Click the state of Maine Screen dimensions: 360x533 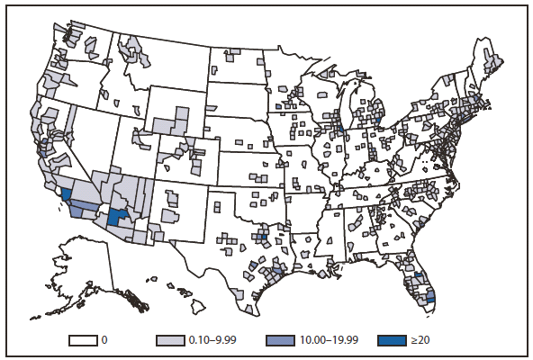coord(490,60)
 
